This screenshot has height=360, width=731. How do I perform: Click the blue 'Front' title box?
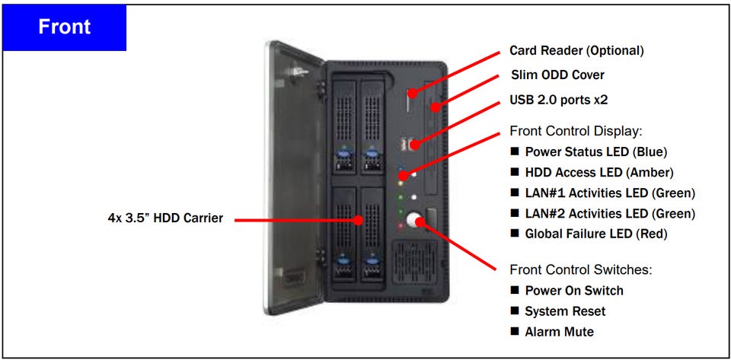coord(64,28)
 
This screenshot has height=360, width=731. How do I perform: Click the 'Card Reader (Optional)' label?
coord(576,51)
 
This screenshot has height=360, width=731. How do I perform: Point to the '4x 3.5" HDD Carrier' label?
coord(165,218)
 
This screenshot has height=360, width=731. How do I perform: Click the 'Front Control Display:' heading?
coord(576,130)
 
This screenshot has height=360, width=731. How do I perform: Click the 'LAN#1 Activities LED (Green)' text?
coord(610,193)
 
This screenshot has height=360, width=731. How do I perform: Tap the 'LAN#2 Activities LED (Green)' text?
coord(610,213)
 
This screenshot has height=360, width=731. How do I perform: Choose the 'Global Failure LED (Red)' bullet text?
coord(596,234)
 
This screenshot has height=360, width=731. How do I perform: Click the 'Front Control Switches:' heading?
coord(581,269)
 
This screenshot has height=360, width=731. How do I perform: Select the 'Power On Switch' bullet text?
coord(574,291)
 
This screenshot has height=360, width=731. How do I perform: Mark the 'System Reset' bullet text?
coord(565,311)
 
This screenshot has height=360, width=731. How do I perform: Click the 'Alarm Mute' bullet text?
coord(559,332)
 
